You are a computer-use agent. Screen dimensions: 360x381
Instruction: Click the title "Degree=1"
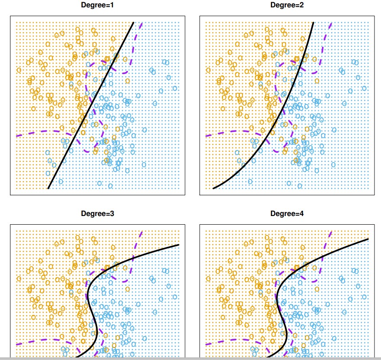coord(98,5)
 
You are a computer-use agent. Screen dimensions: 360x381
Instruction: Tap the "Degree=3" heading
coord(98,214)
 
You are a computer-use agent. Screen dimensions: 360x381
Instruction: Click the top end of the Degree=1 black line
coord(134,22)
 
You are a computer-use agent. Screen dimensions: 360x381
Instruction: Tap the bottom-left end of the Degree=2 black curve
coord(213,188)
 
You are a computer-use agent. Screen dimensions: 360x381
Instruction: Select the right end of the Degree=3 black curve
coord(179,245)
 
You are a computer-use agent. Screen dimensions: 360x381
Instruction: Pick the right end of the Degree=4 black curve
coord(368,239)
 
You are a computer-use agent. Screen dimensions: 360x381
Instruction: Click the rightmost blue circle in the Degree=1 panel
coord(175,88)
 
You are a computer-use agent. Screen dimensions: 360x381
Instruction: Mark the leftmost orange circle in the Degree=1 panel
coord(19,69)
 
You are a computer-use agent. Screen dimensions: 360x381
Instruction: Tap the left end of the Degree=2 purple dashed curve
coord(206,136)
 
